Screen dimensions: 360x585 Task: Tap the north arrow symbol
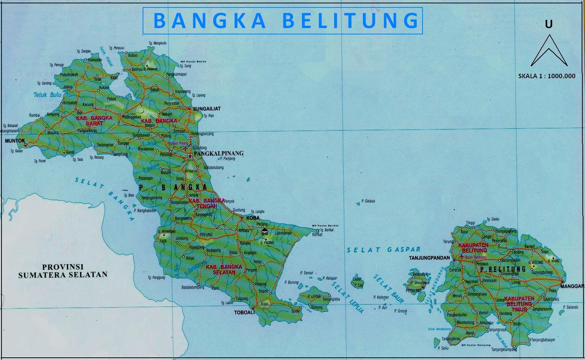pyautogui.click(x=549, y=51)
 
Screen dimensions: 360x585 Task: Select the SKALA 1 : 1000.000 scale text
pyautogui.click(x=547, y=76)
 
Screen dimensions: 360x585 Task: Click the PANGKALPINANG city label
pyautogui.click(x=218, y=153)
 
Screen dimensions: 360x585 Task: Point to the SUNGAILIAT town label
pyautogui.click(x=207, y=109)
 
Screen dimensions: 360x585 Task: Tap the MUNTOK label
pyautogui.click(x=15, y=141)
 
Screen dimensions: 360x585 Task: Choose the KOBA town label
pyautogui.click(x=253, y=217)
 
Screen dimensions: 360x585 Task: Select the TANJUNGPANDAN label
pyautogui.click(x=429, y=258)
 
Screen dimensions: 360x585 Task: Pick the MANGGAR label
pyautogui.click(x=572, y=286)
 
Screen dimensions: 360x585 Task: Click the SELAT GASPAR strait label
pyautogui.click(x=384, y=250)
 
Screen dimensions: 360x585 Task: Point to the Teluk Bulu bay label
pyautogui.click(x=48, y=95)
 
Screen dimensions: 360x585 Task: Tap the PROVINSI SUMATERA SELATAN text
pyautogui.click(x=63, y=271)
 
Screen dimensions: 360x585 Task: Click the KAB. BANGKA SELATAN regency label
pyautogui.click(x=224, y=269)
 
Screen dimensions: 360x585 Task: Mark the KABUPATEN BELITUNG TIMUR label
pyautogui.click(x=519, y=304)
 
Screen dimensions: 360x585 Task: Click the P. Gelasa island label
pyautogui.click(x=368, y=201)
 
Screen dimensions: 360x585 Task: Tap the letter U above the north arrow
pyautogui.click(x=549, y=24)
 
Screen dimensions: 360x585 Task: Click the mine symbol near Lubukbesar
pyautogui.click(x=265, y=232)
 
